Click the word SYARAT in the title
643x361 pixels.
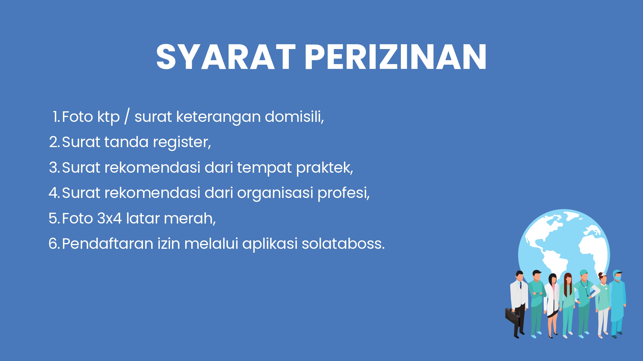tap(226, 57)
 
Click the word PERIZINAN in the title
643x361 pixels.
tap(396, 57)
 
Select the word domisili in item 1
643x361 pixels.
tap(294, 116)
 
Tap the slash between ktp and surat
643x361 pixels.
tap(127, 117)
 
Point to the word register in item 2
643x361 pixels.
tap(182, 142)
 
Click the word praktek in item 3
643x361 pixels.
tap(324, 168)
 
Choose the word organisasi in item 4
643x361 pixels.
tap(275, 193)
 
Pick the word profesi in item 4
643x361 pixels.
tap(344, 193)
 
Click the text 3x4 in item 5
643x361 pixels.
tap(109, 218)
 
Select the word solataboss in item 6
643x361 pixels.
tap(343, 244)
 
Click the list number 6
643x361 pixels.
tap(54, 244)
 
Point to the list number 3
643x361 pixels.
tap(54, 168)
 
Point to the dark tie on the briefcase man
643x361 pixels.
tap(520, 285)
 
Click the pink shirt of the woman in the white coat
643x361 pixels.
tap(554, 289)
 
